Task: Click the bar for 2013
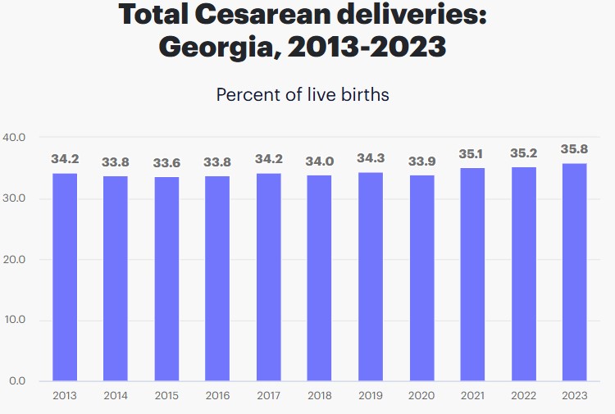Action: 64,277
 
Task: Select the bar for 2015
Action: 166,279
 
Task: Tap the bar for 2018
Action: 319,278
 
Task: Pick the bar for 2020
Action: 421,278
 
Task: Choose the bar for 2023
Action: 574,272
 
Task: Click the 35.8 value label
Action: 574,149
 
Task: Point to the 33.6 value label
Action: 166,162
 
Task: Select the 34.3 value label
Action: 371,158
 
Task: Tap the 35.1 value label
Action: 472,153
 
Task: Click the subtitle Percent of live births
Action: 303,94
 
